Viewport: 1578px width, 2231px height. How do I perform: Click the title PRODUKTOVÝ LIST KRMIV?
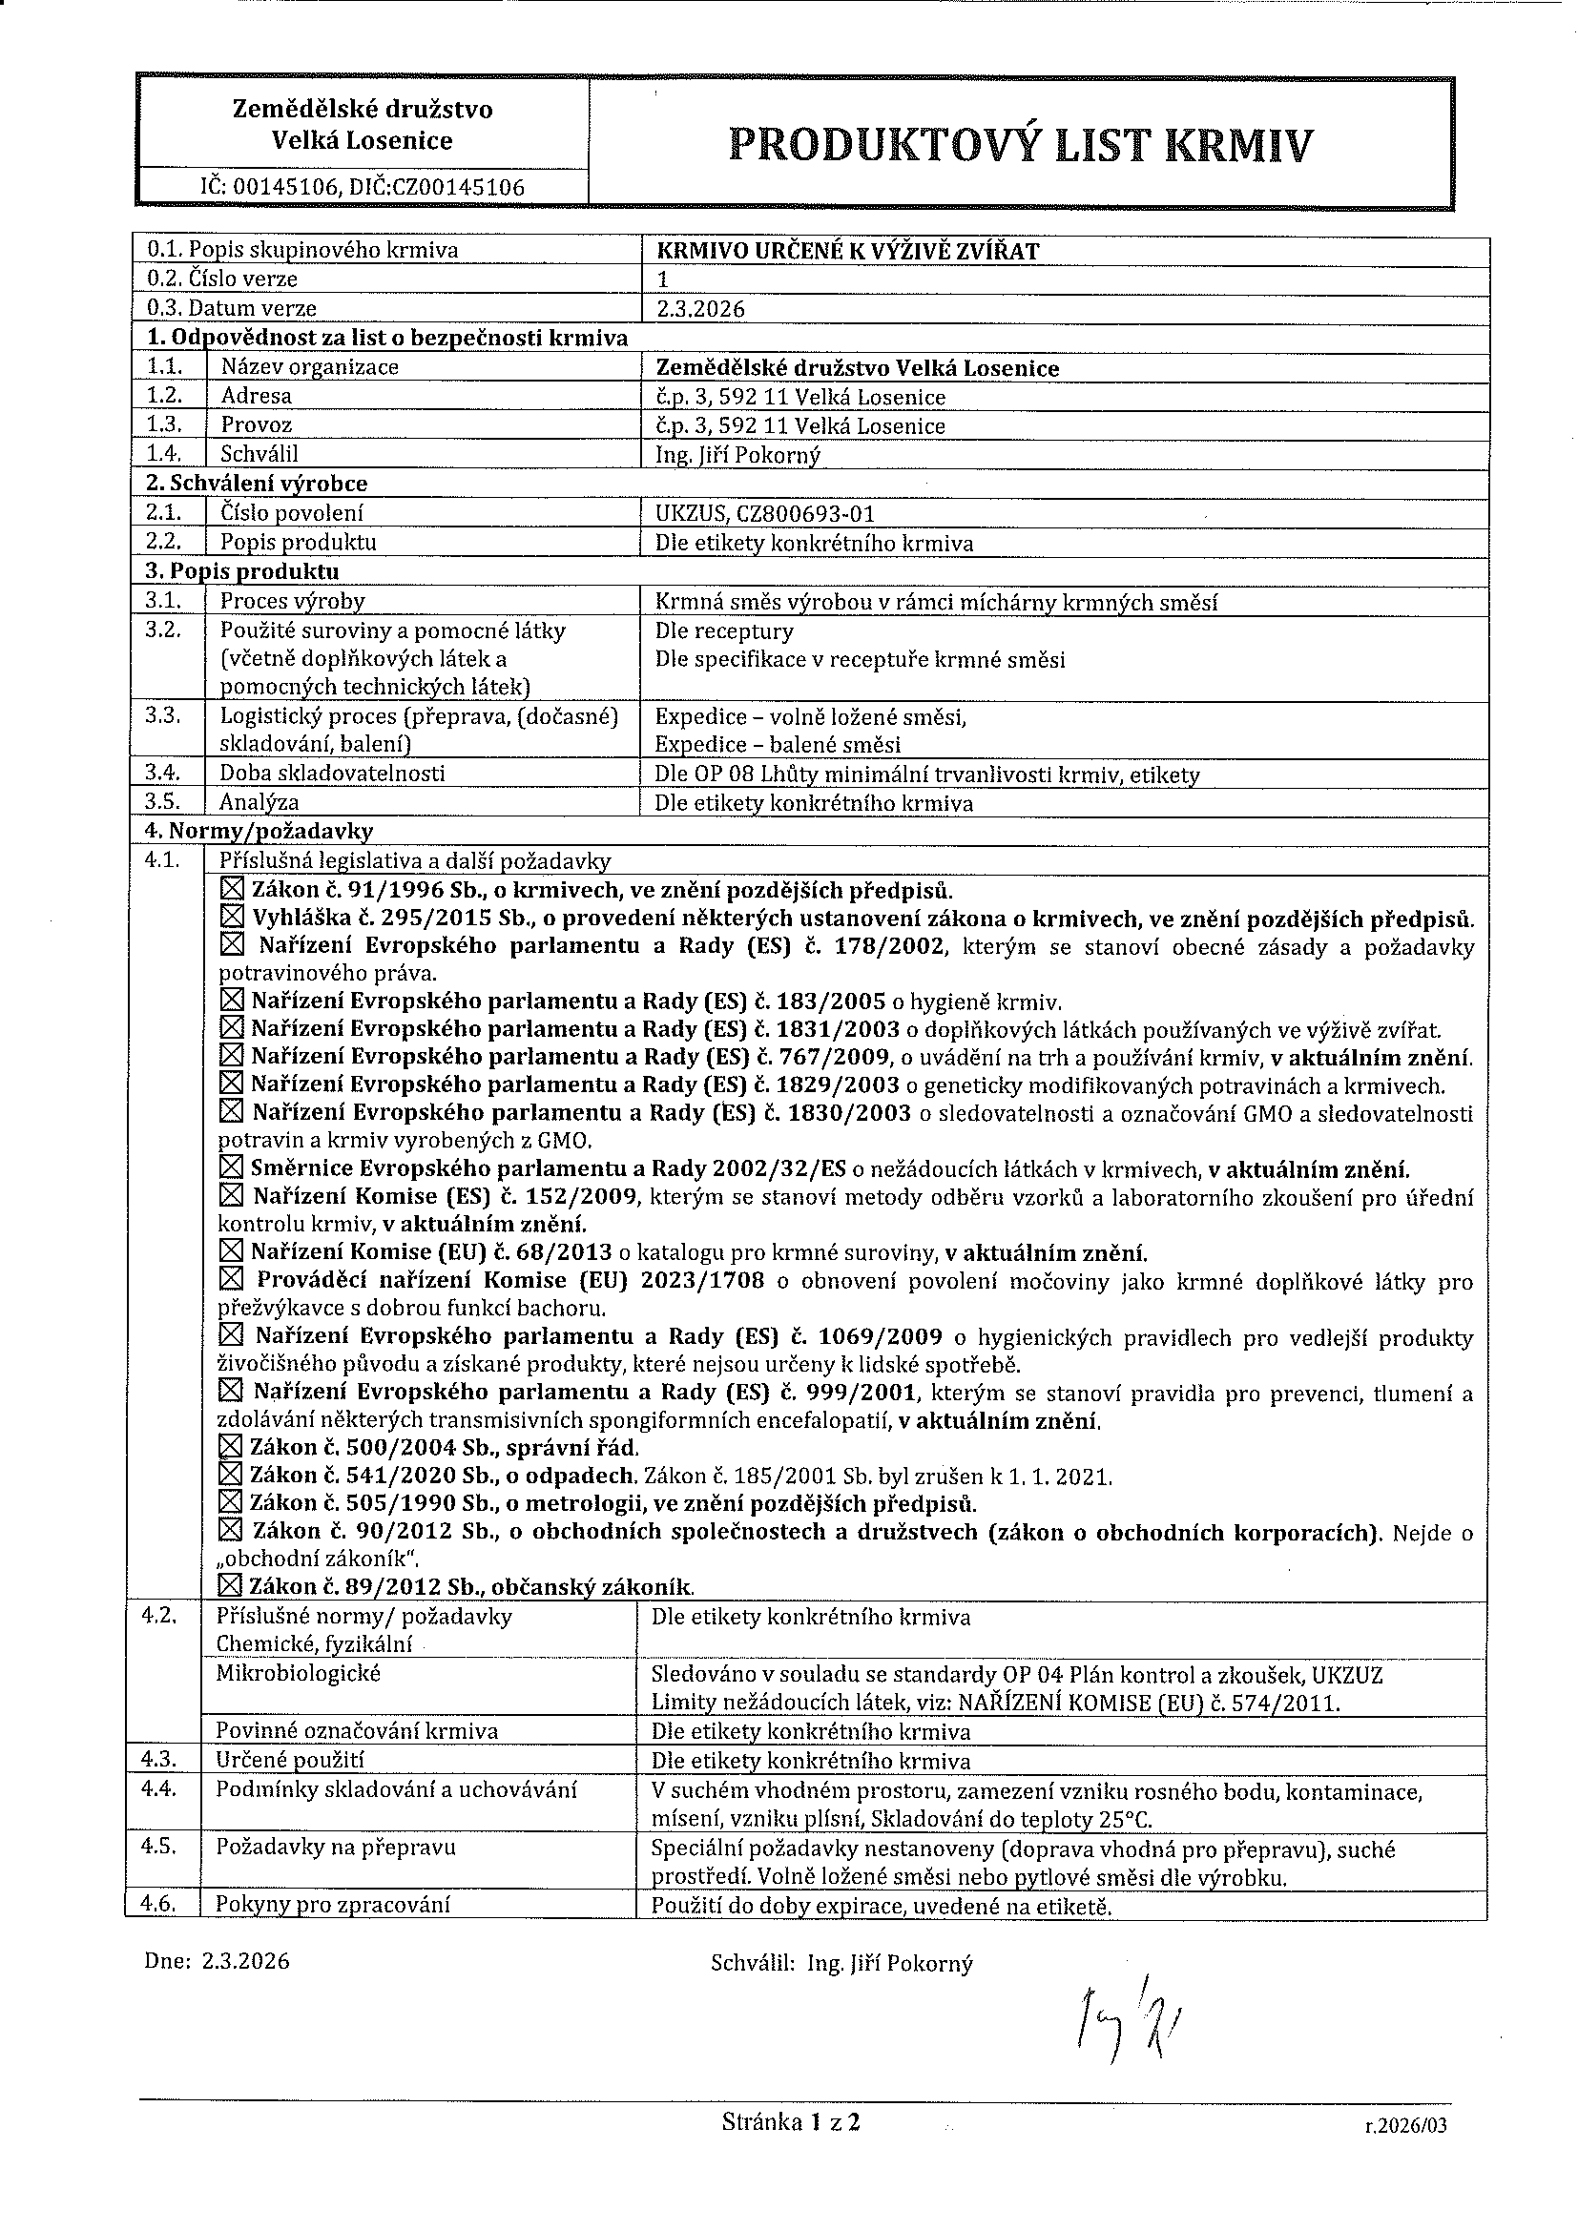(x=1019, y=146)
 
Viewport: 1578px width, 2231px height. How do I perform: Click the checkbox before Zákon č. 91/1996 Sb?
(x=232, y=889)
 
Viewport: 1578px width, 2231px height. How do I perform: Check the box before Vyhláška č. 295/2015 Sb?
(x=232, y=918)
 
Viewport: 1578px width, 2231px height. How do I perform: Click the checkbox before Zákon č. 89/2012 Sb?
(x=230, y=1587)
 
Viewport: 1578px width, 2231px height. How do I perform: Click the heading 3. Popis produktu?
(x=242, y=571)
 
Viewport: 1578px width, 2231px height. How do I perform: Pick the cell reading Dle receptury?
(x=724, y=631)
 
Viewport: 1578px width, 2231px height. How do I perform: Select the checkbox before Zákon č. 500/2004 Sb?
(x=230, y=1448)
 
